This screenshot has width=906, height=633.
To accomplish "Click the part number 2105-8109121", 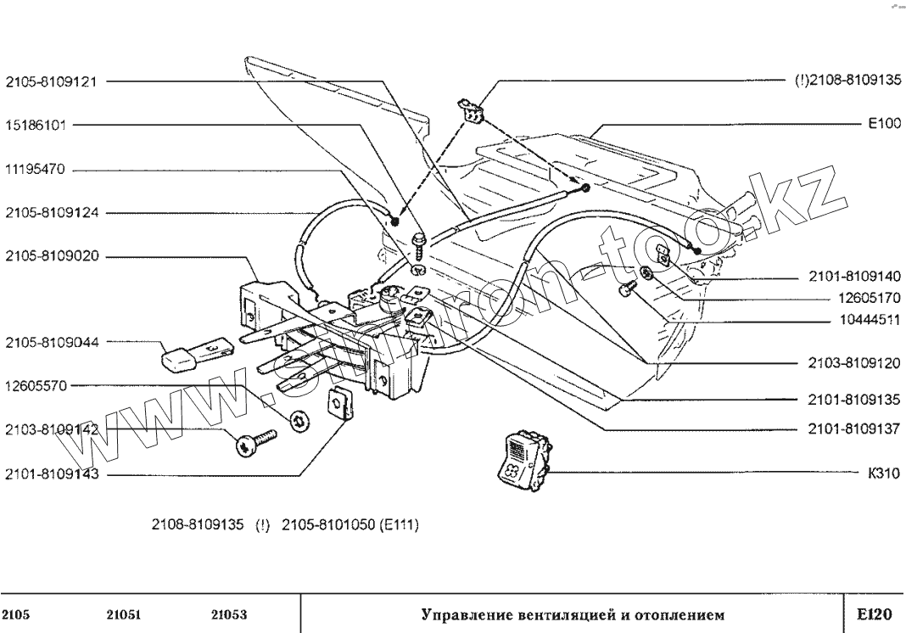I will [52, 82].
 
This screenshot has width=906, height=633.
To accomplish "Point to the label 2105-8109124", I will [52, 213].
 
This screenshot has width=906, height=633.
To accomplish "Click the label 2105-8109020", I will [52, 255].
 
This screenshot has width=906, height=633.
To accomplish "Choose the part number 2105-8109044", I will [52, 343].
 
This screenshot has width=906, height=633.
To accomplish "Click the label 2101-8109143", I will [52, 475].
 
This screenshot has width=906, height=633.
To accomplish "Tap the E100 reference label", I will [882, 123].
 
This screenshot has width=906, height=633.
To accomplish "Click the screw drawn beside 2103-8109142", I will [256, 443].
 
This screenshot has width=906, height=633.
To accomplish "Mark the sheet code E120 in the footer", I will [875, 613].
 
